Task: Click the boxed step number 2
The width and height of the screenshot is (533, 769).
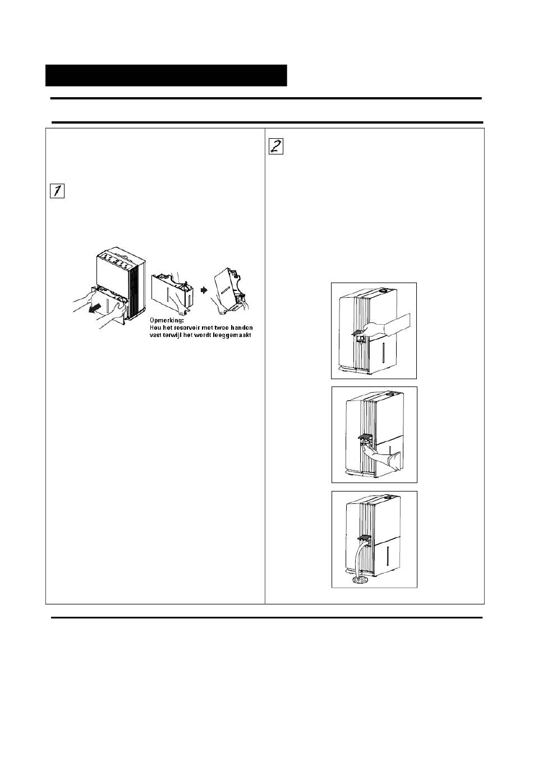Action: (276, 146)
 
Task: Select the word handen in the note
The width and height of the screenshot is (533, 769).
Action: (240, 327)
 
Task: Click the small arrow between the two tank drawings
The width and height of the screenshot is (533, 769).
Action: (205, 291)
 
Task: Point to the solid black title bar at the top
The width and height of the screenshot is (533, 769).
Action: (166, 75)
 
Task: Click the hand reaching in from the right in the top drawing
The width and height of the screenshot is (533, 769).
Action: (393, 324)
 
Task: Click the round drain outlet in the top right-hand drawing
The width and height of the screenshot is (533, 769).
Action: (362, 339)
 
